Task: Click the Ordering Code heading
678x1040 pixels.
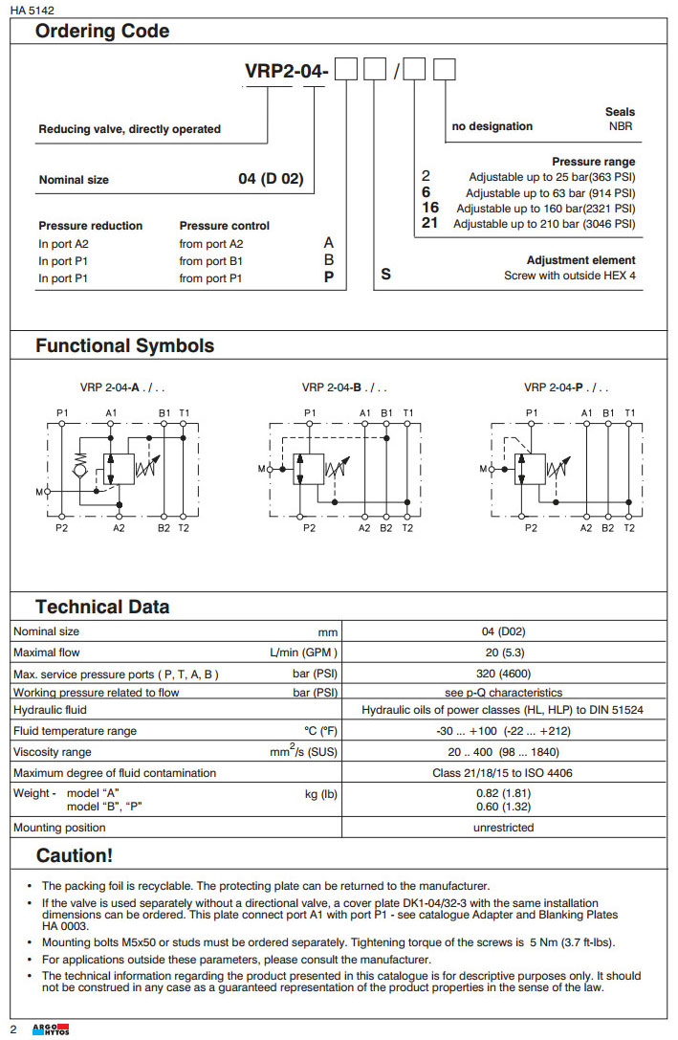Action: click(x=102, y=32)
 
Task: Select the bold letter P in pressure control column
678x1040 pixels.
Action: click(x=329, y=278)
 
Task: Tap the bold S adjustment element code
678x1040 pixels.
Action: click(x=385, y=275)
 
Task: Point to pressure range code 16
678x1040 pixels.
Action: click(x=430, y=208)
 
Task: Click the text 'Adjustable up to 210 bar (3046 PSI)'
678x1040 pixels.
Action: click(x=544, y=224)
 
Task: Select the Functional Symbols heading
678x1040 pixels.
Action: click(x=124, y=346)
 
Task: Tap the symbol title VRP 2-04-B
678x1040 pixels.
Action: click(x=344, y=387)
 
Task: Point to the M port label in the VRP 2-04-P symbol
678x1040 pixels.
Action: click(x=482, y=469)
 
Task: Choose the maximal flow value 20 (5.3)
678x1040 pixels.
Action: click(x=503, y=653)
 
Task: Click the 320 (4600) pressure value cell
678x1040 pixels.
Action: click(x=503, y=674)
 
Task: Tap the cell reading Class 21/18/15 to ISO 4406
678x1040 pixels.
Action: click(x=503, y=773)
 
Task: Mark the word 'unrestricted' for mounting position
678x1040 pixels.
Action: click(x=503, y=828)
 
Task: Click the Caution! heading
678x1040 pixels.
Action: click(x=74, y=855)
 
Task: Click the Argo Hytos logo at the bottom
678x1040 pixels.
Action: click(x=45, y=1029)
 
